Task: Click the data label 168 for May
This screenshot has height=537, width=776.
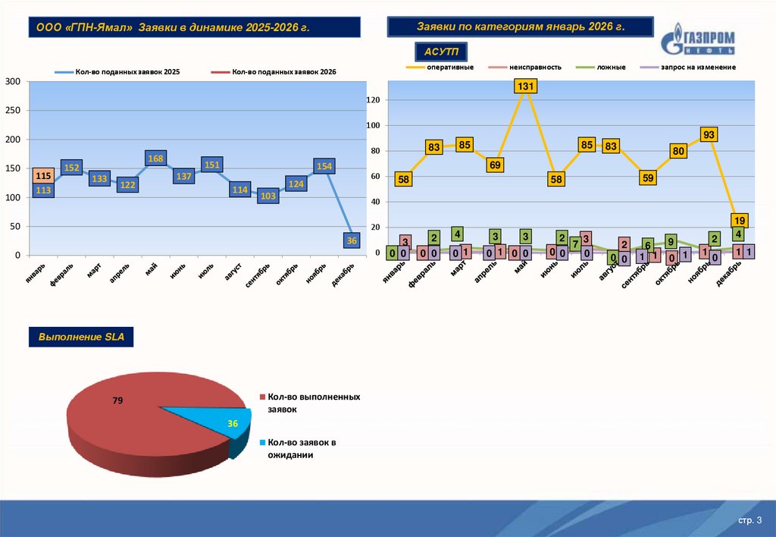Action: [155, 159]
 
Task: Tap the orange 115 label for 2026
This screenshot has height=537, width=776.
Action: [43, 176]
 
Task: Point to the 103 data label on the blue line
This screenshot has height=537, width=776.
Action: [267, 196]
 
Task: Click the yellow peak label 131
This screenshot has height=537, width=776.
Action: [525, 86]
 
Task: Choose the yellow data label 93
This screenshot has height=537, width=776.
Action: [709, 134]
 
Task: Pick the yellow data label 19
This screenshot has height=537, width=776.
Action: [740, 221]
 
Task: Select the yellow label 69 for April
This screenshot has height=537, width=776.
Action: [496, 165]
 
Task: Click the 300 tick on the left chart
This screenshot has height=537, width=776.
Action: [12, 82]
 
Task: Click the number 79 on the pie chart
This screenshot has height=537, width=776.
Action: [117, 400]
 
